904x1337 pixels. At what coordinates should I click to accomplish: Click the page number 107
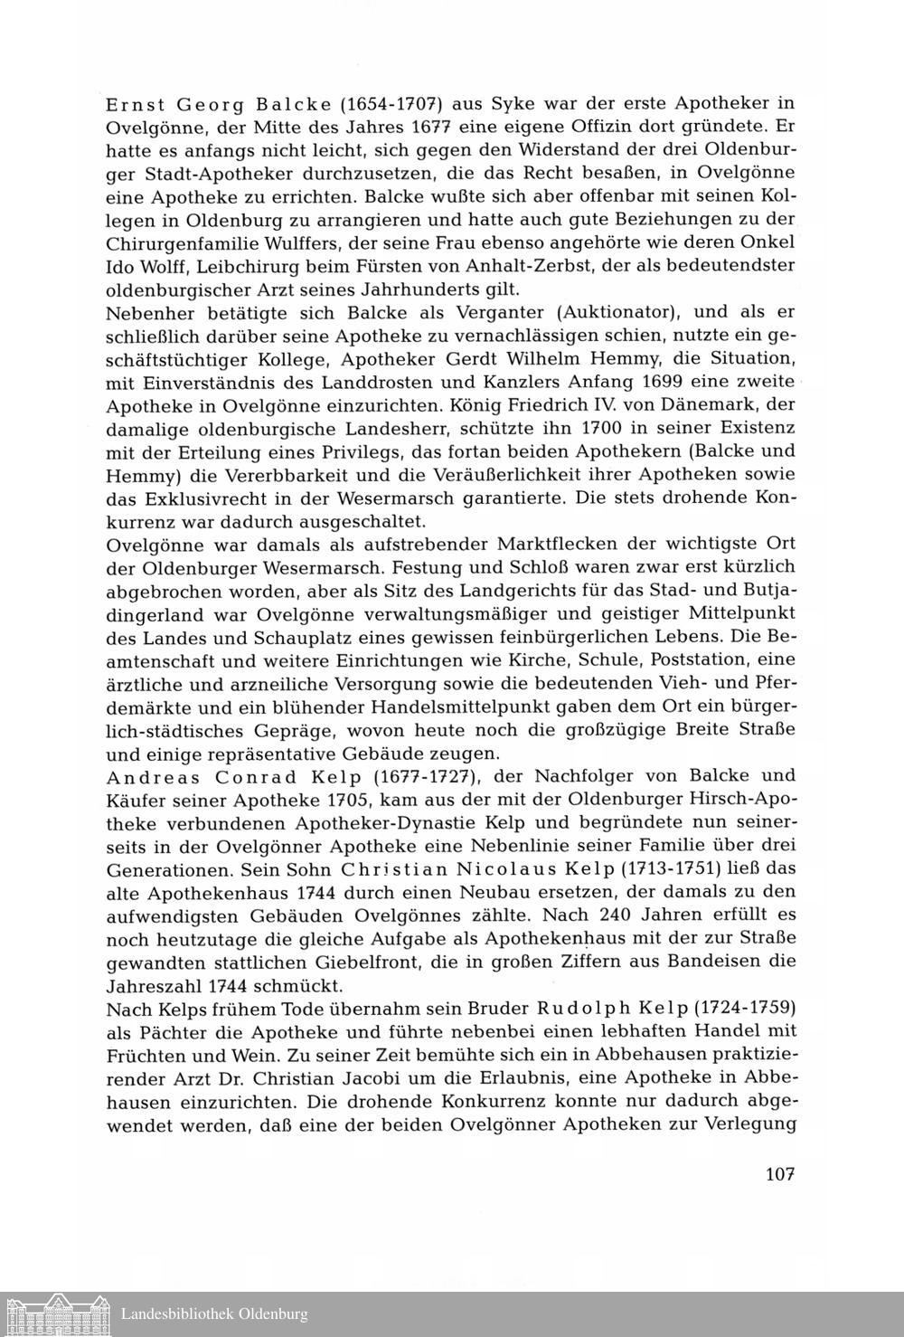[x=778, y=1175]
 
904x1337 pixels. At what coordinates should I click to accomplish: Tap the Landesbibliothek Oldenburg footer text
[x=214, y=1314]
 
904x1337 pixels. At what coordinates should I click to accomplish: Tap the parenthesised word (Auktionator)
[x=617, y=313]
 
